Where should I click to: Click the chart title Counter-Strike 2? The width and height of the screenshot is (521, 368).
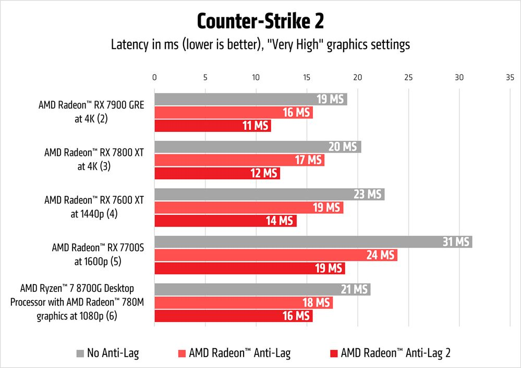(260, 22)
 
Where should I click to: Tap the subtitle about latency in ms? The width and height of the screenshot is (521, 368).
(260, 45)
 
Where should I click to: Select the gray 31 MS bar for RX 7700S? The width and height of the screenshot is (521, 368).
(313, 241)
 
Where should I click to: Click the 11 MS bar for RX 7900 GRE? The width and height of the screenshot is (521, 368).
(212, 126)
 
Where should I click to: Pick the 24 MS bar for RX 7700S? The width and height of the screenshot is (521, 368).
(275, 255)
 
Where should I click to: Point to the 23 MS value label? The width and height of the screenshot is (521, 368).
(368, 194)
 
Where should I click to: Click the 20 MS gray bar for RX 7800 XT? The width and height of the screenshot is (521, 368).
(258, 146)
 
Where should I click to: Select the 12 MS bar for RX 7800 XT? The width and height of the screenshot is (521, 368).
(217, 173)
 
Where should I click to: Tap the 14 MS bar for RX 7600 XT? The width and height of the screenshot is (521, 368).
(225, 220)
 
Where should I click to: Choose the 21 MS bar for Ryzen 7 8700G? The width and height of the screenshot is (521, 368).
(262, 289)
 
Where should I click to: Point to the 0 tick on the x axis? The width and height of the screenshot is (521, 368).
(154, 77)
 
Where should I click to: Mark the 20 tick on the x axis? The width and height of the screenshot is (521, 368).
(357, 77)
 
